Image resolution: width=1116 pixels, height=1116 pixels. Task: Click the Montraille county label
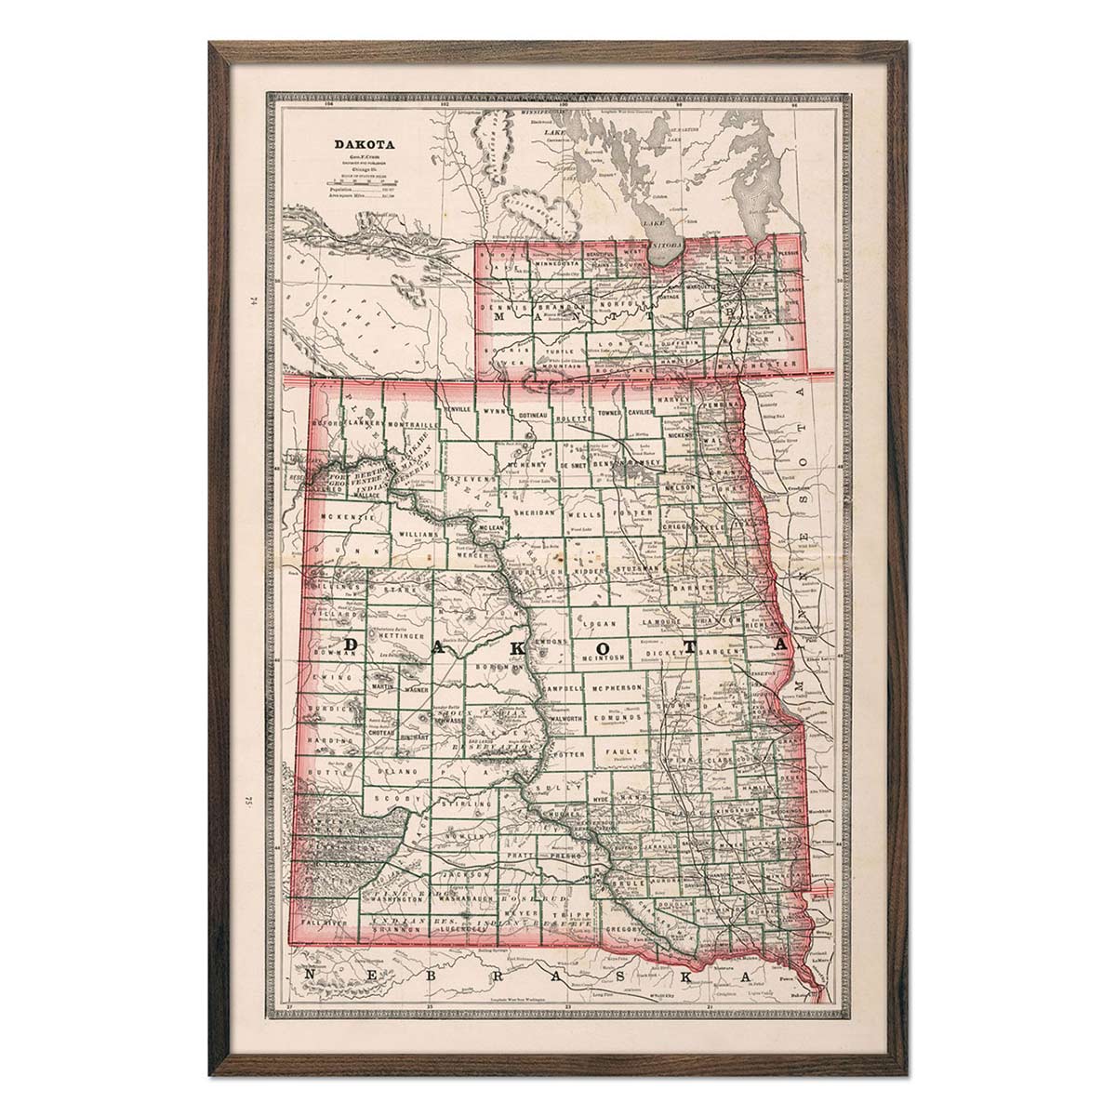(406, 424)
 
